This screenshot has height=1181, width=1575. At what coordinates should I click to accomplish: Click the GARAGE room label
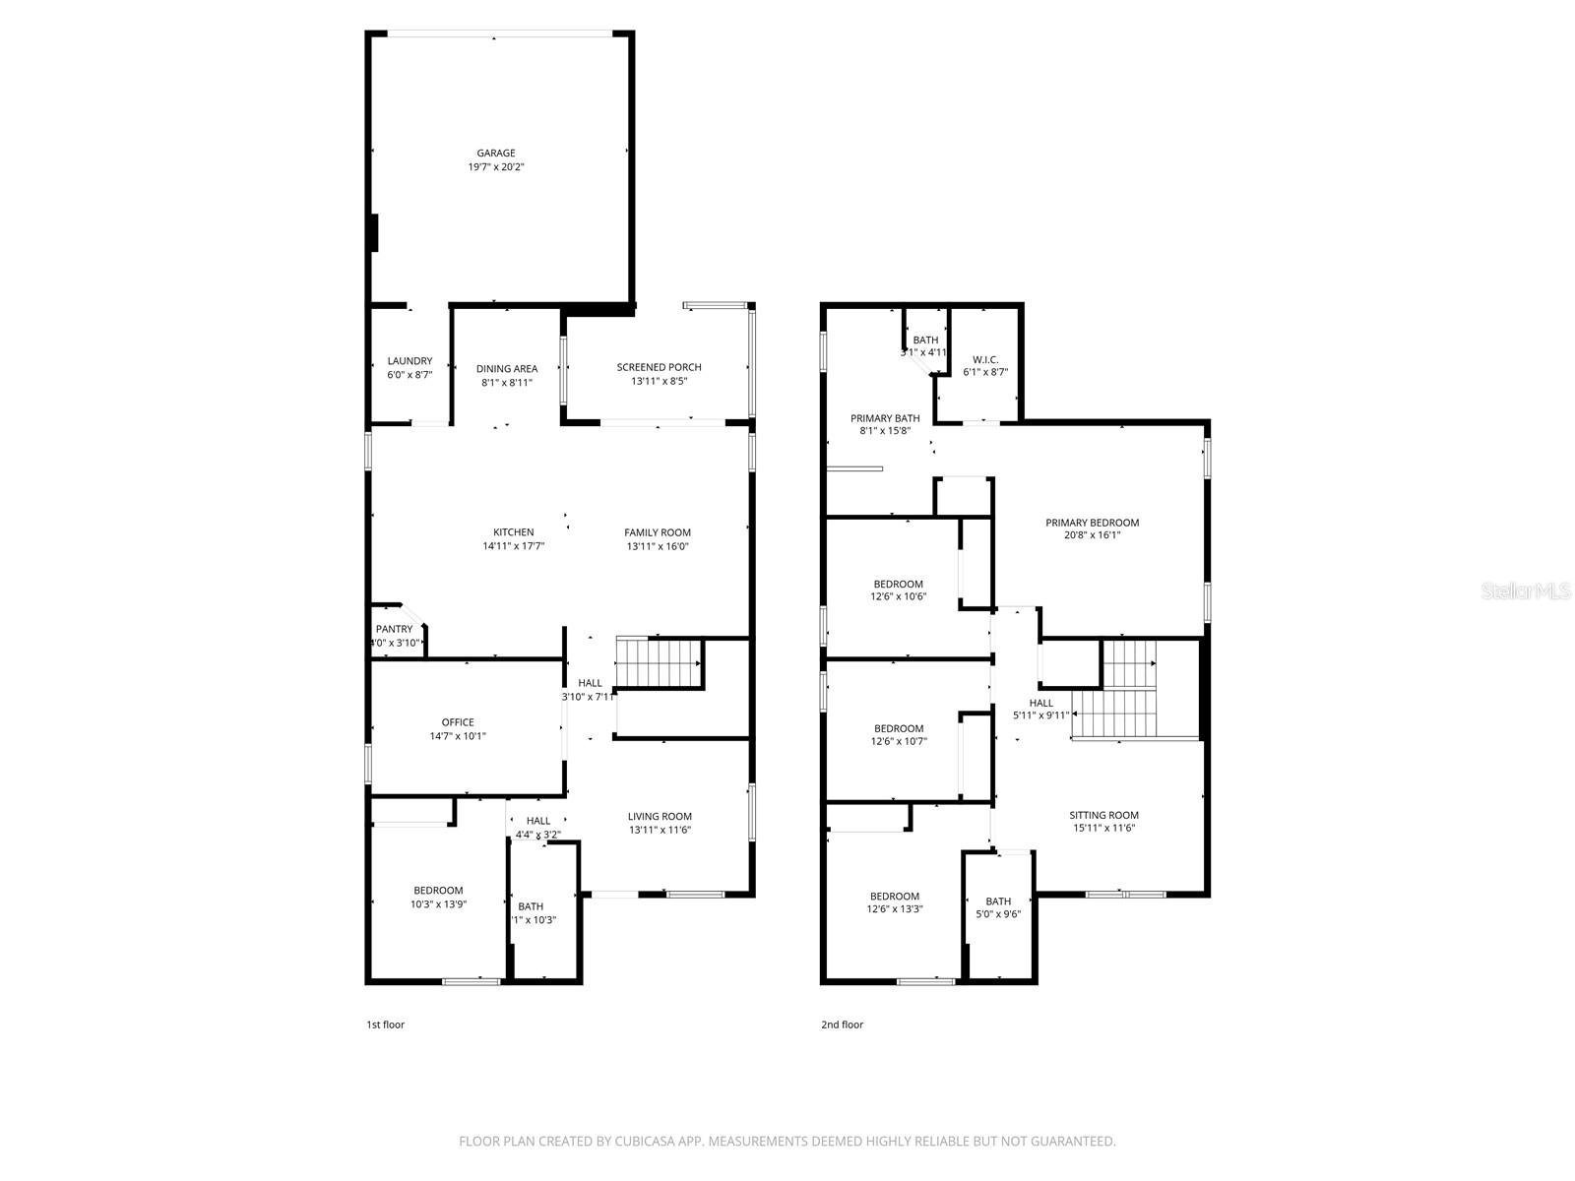[496, 154]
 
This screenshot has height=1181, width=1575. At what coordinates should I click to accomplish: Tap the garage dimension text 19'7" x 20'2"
[496, 167]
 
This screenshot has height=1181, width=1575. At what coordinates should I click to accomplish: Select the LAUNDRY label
[409, 361]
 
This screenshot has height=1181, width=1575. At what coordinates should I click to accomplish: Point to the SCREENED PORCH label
[659, 367]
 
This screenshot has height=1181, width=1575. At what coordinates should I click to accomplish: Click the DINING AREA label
[507, 369]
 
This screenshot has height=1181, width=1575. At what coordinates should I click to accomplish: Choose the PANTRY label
[394, 629]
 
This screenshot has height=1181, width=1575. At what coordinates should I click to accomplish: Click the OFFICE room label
[458, 722]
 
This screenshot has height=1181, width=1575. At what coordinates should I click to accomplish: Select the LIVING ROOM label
[660, 816]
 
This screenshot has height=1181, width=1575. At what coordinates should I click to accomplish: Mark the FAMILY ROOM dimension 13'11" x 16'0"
[657, 546]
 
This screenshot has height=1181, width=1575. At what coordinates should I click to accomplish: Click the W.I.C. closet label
[985, 359]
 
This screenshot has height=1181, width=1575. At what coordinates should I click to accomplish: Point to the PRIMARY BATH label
[885, 418]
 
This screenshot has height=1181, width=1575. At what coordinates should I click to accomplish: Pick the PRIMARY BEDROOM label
[1092, 523]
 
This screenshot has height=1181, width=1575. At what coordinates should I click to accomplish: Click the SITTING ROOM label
[1103, 815]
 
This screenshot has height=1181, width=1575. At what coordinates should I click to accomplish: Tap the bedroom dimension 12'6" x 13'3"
[894, 909]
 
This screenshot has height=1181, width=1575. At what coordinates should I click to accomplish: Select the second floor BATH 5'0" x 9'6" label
[998, 901]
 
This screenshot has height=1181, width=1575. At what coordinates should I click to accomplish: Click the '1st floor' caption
[385, 1025]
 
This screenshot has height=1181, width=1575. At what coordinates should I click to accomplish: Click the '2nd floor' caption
[842, 1025]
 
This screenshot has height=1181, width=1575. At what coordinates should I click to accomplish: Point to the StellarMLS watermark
[1526, 591]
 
